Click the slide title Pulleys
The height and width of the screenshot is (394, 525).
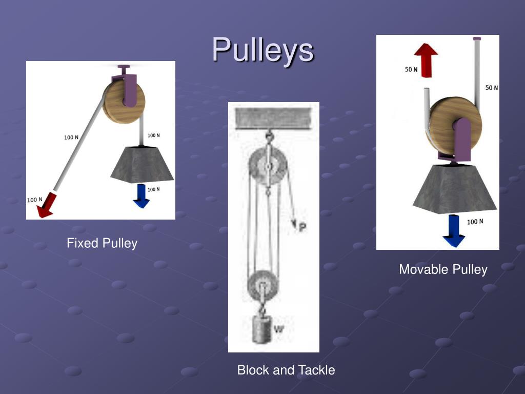tap(262, 50)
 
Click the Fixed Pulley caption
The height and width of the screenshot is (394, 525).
tap(102, 243)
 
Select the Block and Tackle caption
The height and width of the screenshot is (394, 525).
tap(286, 370)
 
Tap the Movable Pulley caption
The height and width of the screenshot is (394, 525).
tap(443, 269)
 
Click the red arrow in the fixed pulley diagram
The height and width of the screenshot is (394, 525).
tap(46, 204)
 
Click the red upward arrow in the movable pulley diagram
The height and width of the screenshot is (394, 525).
tap(426, 60)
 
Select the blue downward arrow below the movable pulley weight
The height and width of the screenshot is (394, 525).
tap(454, 231)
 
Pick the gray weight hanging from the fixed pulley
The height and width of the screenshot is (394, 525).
tap(142, 164)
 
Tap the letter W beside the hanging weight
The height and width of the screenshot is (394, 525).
tap(278, 329)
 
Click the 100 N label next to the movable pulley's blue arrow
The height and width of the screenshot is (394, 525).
tap(475, 222)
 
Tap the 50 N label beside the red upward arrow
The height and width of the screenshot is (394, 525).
tap(412, 69)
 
